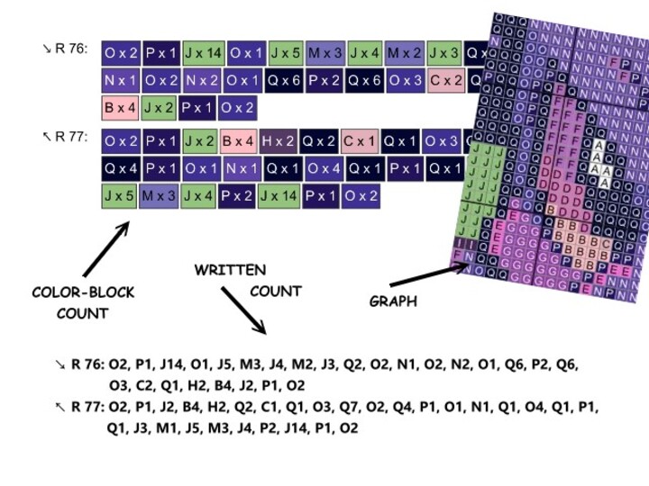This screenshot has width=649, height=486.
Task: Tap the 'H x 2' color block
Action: click(x=277, y=141)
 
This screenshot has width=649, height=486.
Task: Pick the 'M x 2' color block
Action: click(x=405, y=53)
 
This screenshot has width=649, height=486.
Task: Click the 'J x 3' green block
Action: click(x=444, y=53)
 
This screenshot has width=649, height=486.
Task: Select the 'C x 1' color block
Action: click(x=359, y=141)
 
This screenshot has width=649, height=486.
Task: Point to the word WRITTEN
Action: click(x=230, y=270)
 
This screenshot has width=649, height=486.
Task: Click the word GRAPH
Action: click(x=393, y=301)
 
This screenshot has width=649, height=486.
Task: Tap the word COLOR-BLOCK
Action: click(x=83, y=292)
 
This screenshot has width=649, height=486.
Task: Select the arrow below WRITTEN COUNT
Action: click(x=242, y=310)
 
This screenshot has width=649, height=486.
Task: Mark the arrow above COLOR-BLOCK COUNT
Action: click(x=106, y=248)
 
